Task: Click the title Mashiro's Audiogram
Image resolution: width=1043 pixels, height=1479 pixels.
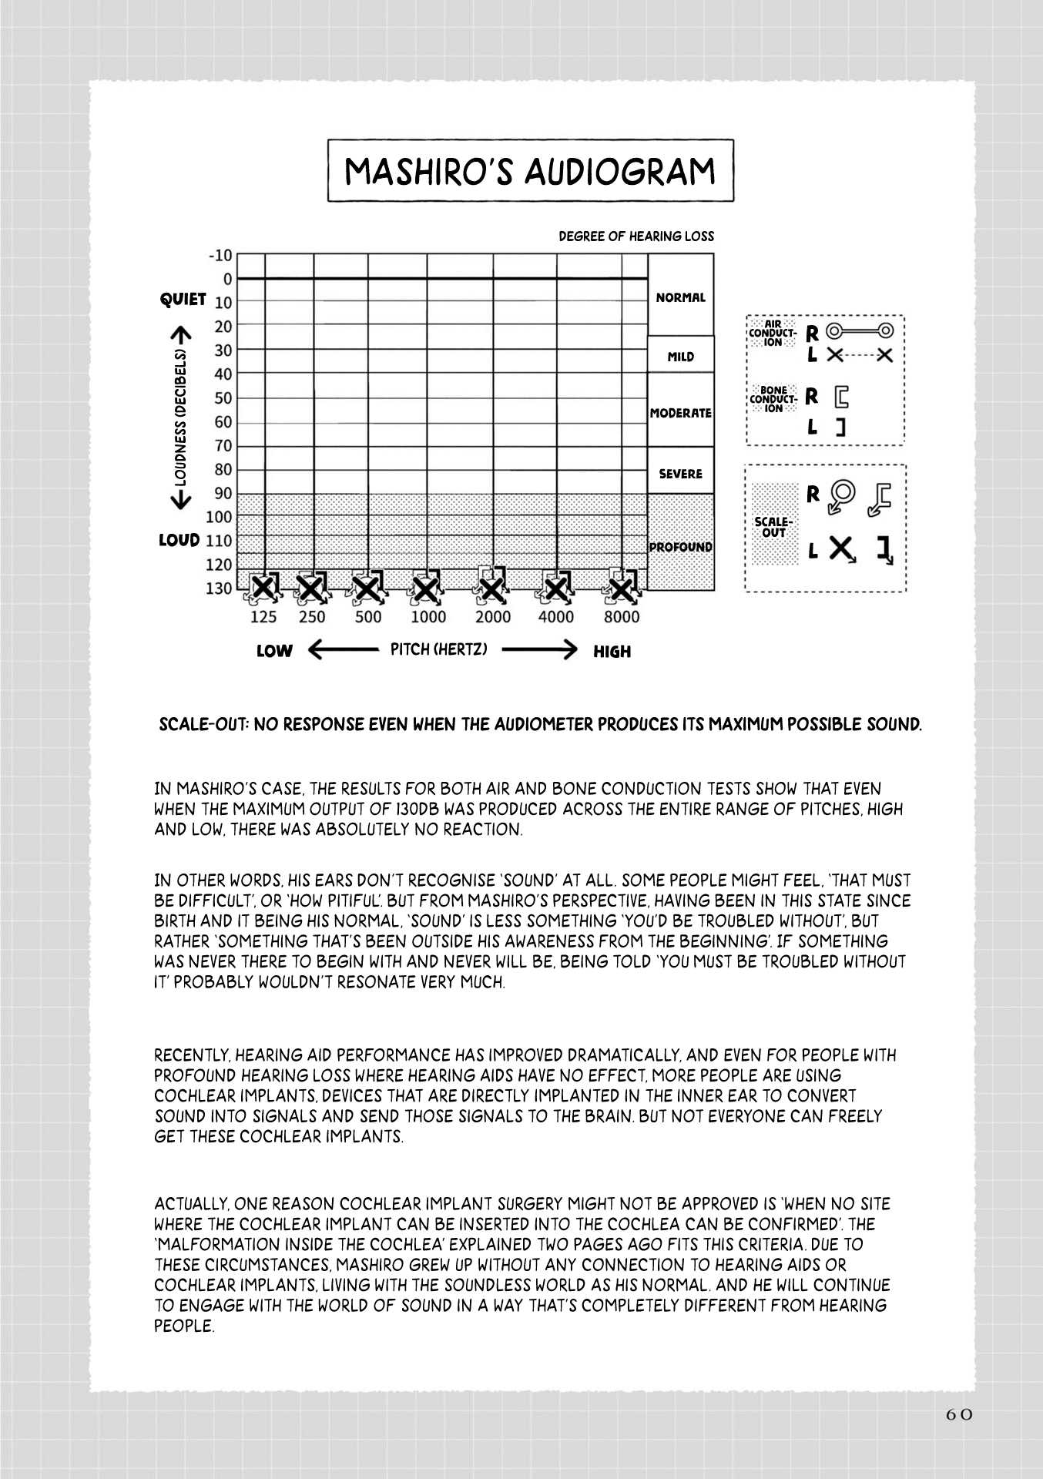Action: (530, 171)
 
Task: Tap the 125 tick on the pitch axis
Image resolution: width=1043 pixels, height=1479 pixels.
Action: (263, 617)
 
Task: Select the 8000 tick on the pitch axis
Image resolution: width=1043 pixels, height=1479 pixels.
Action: (622, 617)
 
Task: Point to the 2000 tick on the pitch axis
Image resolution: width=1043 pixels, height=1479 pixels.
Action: (493, 617)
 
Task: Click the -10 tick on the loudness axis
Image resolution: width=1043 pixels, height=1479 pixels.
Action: (220, 256)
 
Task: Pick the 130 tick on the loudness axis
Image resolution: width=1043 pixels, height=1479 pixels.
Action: (220, 589)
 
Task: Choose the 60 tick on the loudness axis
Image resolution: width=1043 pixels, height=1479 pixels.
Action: (223, 422)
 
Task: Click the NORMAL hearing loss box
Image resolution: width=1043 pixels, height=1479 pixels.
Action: (681, 297)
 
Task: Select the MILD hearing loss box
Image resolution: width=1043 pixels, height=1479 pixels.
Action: (681, 357)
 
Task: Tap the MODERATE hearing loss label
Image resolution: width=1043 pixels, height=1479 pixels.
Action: (681, 413)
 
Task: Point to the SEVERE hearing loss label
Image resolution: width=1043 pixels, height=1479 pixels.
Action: (681, 474)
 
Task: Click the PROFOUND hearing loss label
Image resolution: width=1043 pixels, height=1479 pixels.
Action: (680, 547)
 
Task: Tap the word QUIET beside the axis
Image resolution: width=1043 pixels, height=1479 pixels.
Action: (183, 299)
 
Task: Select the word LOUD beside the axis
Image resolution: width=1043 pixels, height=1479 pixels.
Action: (179, 540)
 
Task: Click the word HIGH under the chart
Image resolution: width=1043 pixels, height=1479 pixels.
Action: (612, 652)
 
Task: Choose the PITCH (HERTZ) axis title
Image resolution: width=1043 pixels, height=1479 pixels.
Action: (439, 649)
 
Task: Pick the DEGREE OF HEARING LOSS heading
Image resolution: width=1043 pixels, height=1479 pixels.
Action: (636, 236)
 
